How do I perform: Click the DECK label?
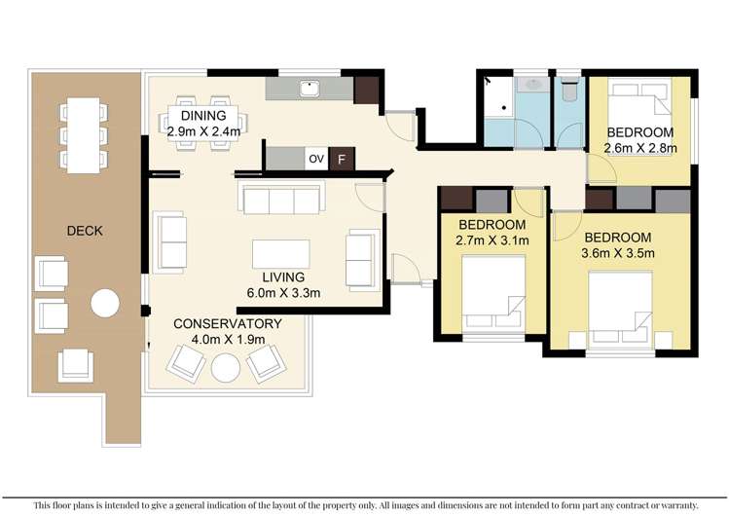(x=85, y=231)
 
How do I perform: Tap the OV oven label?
(x=316, y=159)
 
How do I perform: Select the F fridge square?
(x=342, y=159)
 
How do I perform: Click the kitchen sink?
(x=310, y=89)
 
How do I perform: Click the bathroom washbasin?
(x=532, y=85)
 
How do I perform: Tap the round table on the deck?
(x=105, y=303)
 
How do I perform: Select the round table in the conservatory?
(x=226, y=368)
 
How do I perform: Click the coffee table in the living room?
(x=281, y=254)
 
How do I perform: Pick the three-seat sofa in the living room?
(x=281, y=198)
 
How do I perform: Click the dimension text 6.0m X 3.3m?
(x=283, y=293)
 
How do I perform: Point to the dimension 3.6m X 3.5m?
(x=618, y=253)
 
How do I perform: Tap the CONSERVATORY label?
(x=228, y=323)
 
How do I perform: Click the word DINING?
(x=203, y=116)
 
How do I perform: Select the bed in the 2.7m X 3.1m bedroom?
(x=493, y=294)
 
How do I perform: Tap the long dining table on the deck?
(x=84, y=135)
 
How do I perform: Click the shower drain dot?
(x=504, y=108)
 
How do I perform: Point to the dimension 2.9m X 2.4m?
(x=203, y=131)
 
